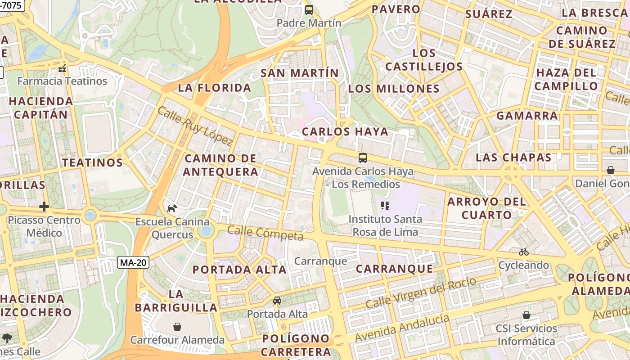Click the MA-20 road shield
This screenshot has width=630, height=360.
pyautogui.click(x=133, y=262)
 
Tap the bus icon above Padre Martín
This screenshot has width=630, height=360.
pyautogui.click(x=309, y=10)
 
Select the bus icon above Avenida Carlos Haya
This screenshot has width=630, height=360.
pyautogui.click(x=362, y=158)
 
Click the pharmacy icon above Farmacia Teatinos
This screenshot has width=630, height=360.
pyautogui.click(x=62, y=68)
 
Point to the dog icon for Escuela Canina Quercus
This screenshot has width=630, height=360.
pyautogui.click(x=172, y=208)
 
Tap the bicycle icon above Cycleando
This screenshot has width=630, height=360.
pyautogui.click(x=523, y=252)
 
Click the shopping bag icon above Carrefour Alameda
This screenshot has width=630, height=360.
pyautogui.click(x=177, y=326)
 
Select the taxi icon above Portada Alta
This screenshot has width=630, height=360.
pyautogui.click(x=277, y=301)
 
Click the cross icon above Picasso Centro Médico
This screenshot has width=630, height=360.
pyautogui.click(x=44, y=207)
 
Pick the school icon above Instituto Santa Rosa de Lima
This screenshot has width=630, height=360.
pyautogui.click(x=385, y=206)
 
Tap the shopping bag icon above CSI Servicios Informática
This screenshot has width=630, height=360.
pyautogui.click(x=526, y=315)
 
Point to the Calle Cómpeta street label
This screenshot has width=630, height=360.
pyautogui.click(x=265, y=233)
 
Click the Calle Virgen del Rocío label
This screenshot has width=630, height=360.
pyautogui.click(x=421, y=293)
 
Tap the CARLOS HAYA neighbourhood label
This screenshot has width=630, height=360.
pyautogui.click(x=345, y=131)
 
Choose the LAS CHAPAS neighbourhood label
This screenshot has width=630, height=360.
pyautogui.click(x=513, y=157)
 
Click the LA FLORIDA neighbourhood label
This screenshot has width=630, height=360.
pyautogui.click(x=214, y=87)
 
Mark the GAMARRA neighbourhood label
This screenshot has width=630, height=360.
pyautogui.click(x=527, y=116)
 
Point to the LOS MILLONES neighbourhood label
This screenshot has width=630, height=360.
pyautogui.click(x=394, y=89)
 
